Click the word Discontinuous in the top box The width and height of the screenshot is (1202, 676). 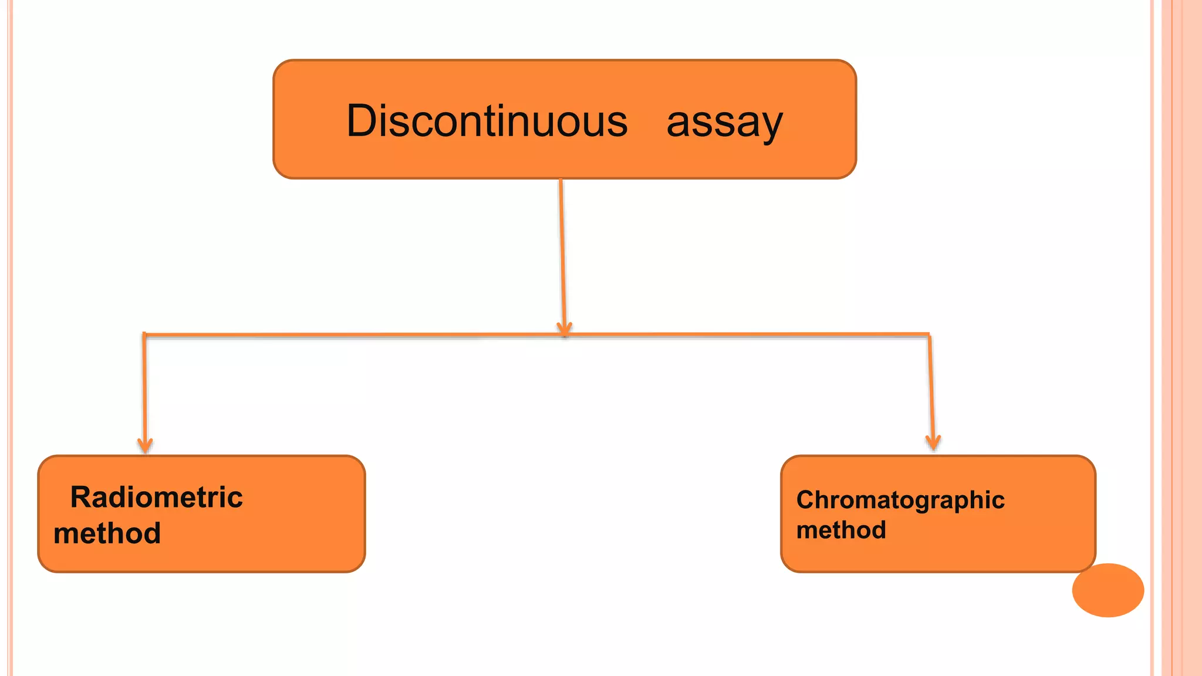[487, 121]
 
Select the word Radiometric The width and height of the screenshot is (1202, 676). [156, 497]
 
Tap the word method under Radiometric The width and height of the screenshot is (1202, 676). [107, 533]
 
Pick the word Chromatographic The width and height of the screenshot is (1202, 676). [900, 501]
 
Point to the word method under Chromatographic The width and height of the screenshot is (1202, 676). [840, 530]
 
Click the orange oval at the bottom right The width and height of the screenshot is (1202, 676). [1108, 590]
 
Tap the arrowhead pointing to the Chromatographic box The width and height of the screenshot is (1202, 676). [933, 442]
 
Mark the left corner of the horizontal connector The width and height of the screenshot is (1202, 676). [144, 335]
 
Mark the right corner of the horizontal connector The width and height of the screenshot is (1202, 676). [928, 334]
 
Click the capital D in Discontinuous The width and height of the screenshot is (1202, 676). [360, 121]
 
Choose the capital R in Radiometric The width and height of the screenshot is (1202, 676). [81, 497]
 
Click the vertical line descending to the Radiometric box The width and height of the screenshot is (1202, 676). [144, 387]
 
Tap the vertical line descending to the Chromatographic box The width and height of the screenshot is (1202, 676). [931, 387]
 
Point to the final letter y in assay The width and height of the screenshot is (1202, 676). [771, 126]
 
